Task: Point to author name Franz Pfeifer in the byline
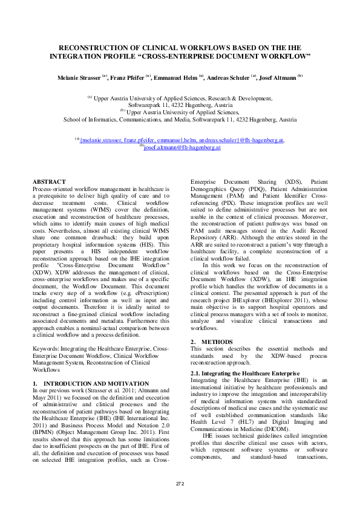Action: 126,77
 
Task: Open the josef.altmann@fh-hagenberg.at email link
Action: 182,146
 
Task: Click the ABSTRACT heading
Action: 49,181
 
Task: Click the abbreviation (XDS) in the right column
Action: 287,181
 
